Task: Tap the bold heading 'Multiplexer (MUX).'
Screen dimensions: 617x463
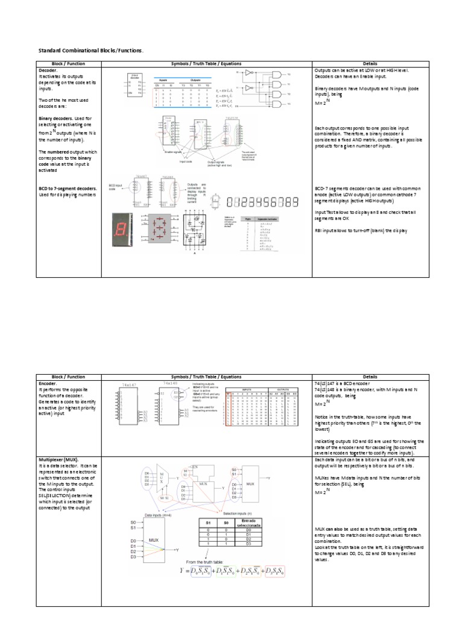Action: coord(62,459)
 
